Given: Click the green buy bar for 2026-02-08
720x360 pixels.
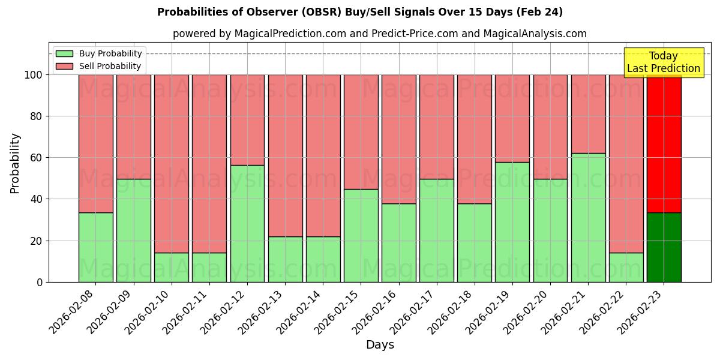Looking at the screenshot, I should coord(95,247).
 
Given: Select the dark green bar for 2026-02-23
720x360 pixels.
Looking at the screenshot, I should coord(664,247).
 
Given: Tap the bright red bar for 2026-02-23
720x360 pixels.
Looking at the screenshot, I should coord(664,144).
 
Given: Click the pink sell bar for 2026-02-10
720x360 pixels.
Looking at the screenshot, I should coord(172,163).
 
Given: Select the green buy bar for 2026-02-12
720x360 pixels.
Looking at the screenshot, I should coord(247,223).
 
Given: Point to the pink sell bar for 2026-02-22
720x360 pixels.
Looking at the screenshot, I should coord(626,163).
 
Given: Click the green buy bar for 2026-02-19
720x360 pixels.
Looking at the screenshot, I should coord(512,222).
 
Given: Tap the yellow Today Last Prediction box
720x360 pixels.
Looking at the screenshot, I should coord(663,62).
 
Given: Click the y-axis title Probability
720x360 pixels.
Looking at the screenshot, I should coord(15,163).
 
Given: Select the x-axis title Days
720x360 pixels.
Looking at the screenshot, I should coord(380,345).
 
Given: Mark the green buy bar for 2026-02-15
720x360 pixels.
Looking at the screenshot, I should coord(361,235).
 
